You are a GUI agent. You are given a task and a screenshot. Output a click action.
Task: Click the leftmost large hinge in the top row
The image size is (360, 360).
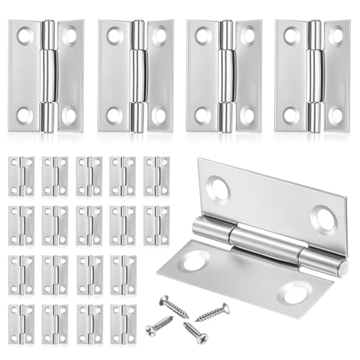[46, 76]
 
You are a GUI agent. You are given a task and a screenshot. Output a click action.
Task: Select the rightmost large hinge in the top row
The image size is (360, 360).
[314, 76]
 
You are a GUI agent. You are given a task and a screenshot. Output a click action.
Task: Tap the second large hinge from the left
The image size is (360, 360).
[135, 76]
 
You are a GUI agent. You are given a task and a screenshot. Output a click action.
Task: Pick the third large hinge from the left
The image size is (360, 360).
[224, 76]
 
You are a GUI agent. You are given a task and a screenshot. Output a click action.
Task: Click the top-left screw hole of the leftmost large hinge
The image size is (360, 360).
[25, 34]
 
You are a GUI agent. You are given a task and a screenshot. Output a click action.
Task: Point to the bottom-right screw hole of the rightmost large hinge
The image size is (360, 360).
[336, 115]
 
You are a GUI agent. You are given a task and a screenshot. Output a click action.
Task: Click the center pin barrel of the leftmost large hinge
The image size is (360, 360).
[48, 76]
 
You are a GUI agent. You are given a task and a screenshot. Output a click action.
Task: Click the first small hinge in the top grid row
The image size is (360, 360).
[22, 176]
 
